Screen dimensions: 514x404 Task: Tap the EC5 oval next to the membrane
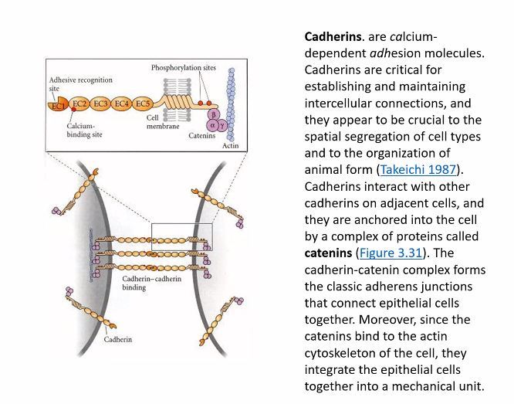(143, 104)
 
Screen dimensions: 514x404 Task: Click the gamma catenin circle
(223, 124)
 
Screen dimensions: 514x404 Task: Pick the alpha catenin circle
(211, 124)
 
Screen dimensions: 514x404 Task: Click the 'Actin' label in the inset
(230, 144)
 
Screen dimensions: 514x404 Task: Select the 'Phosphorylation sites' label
(183, 68)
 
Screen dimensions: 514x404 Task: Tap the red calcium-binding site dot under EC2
(70, 111)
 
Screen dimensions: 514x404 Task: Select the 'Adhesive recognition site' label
(80, 84)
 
